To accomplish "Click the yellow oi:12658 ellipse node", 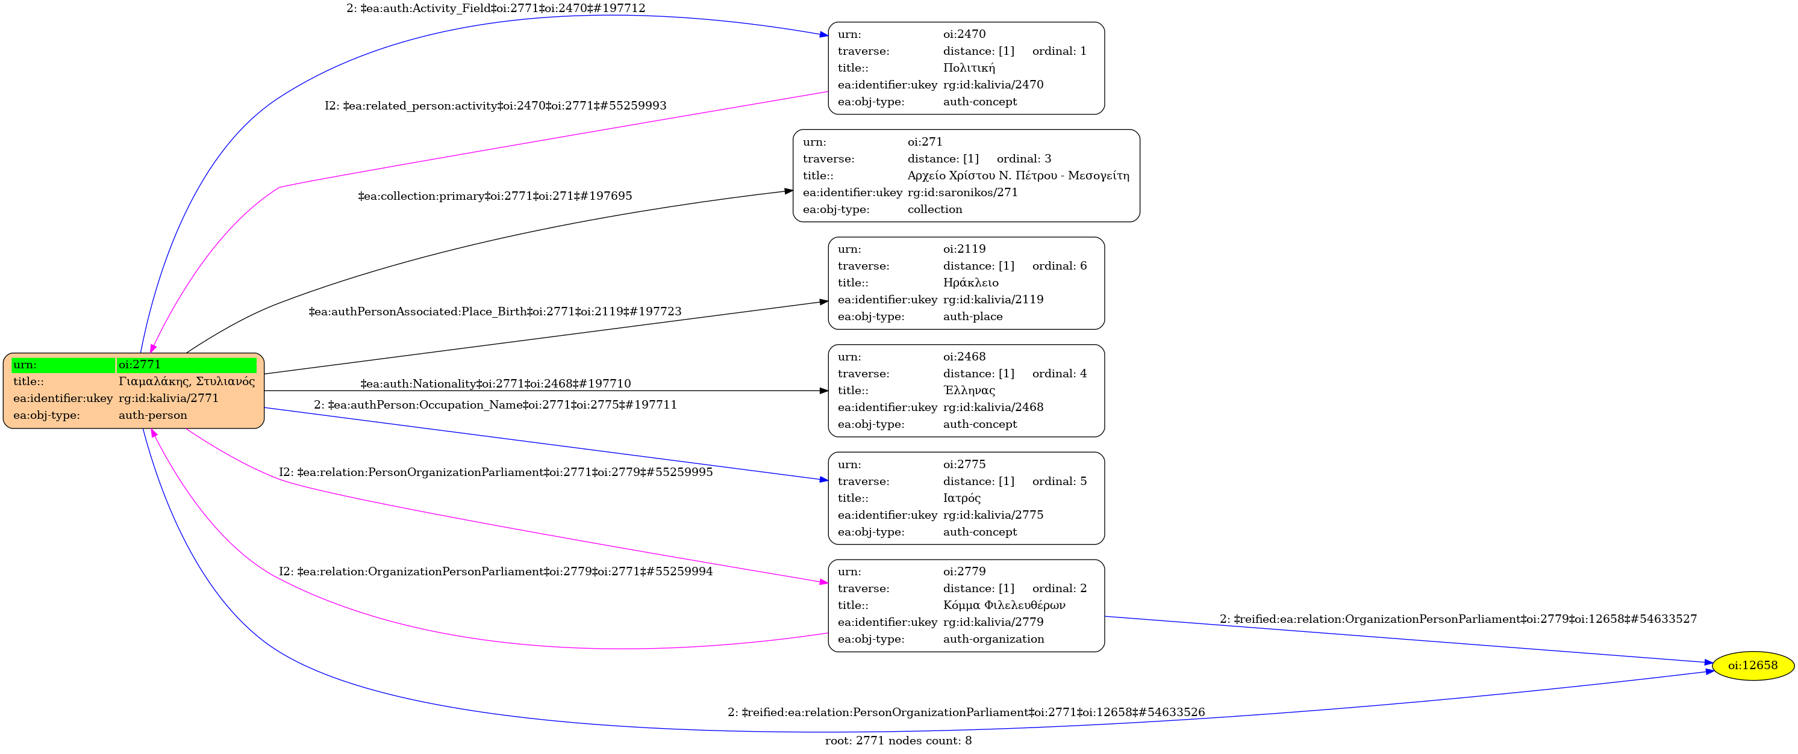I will pyautogui.click(x=1752, y=666).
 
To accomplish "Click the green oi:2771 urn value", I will pyautogui.click(x=186, y=365).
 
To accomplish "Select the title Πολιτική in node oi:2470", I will pyautogui.click(x=969, y=67).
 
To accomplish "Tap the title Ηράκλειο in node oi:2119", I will pyautogui.click(x=970, y=282).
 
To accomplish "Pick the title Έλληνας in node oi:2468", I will pyautogui.click(x=969, y=391).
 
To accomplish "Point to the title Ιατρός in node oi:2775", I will pyautogui.click(x=961, y=498).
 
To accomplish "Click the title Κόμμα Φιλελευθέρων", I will pyautogui.click(x=1004, y=605).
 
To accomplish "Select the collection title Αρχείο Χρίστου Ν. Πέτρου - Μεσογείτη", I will pyautogui.click(x=1017, y=176).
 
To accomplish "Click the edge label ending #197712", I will pyautogui.click(x=496, y=8).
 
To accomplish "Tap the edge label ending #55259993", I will pyautogui.click(x=496, y=106).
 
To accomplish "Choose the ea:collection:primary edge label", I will pyautogui.click(x=495, y=197).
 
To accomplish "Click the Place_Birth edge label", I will pyautogui.click(x=495, y=312).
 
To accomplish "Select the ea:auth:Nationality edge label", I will pyautogui.click(x=496, y=384).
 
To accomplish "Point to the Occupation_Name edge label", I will pyautogui.click(x=496, y=405).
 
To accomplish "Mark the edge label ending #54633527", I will pyautogui.click(x=1458, y=619).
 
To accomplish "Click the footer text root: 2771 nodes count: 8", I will pyautogui.click(x=898, y=741).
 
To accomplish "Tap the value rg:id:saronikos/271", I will pyautogui.click(x=963, y=193).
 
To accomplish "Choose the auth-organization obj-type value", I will pyautogui.click(x=993, y=639).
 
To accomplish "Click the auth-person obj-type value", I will pyautogui.click(x=153, y=416).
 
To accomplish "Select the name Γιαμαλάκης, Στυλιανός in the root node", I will pyautogui.click(x=186, y=382).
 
